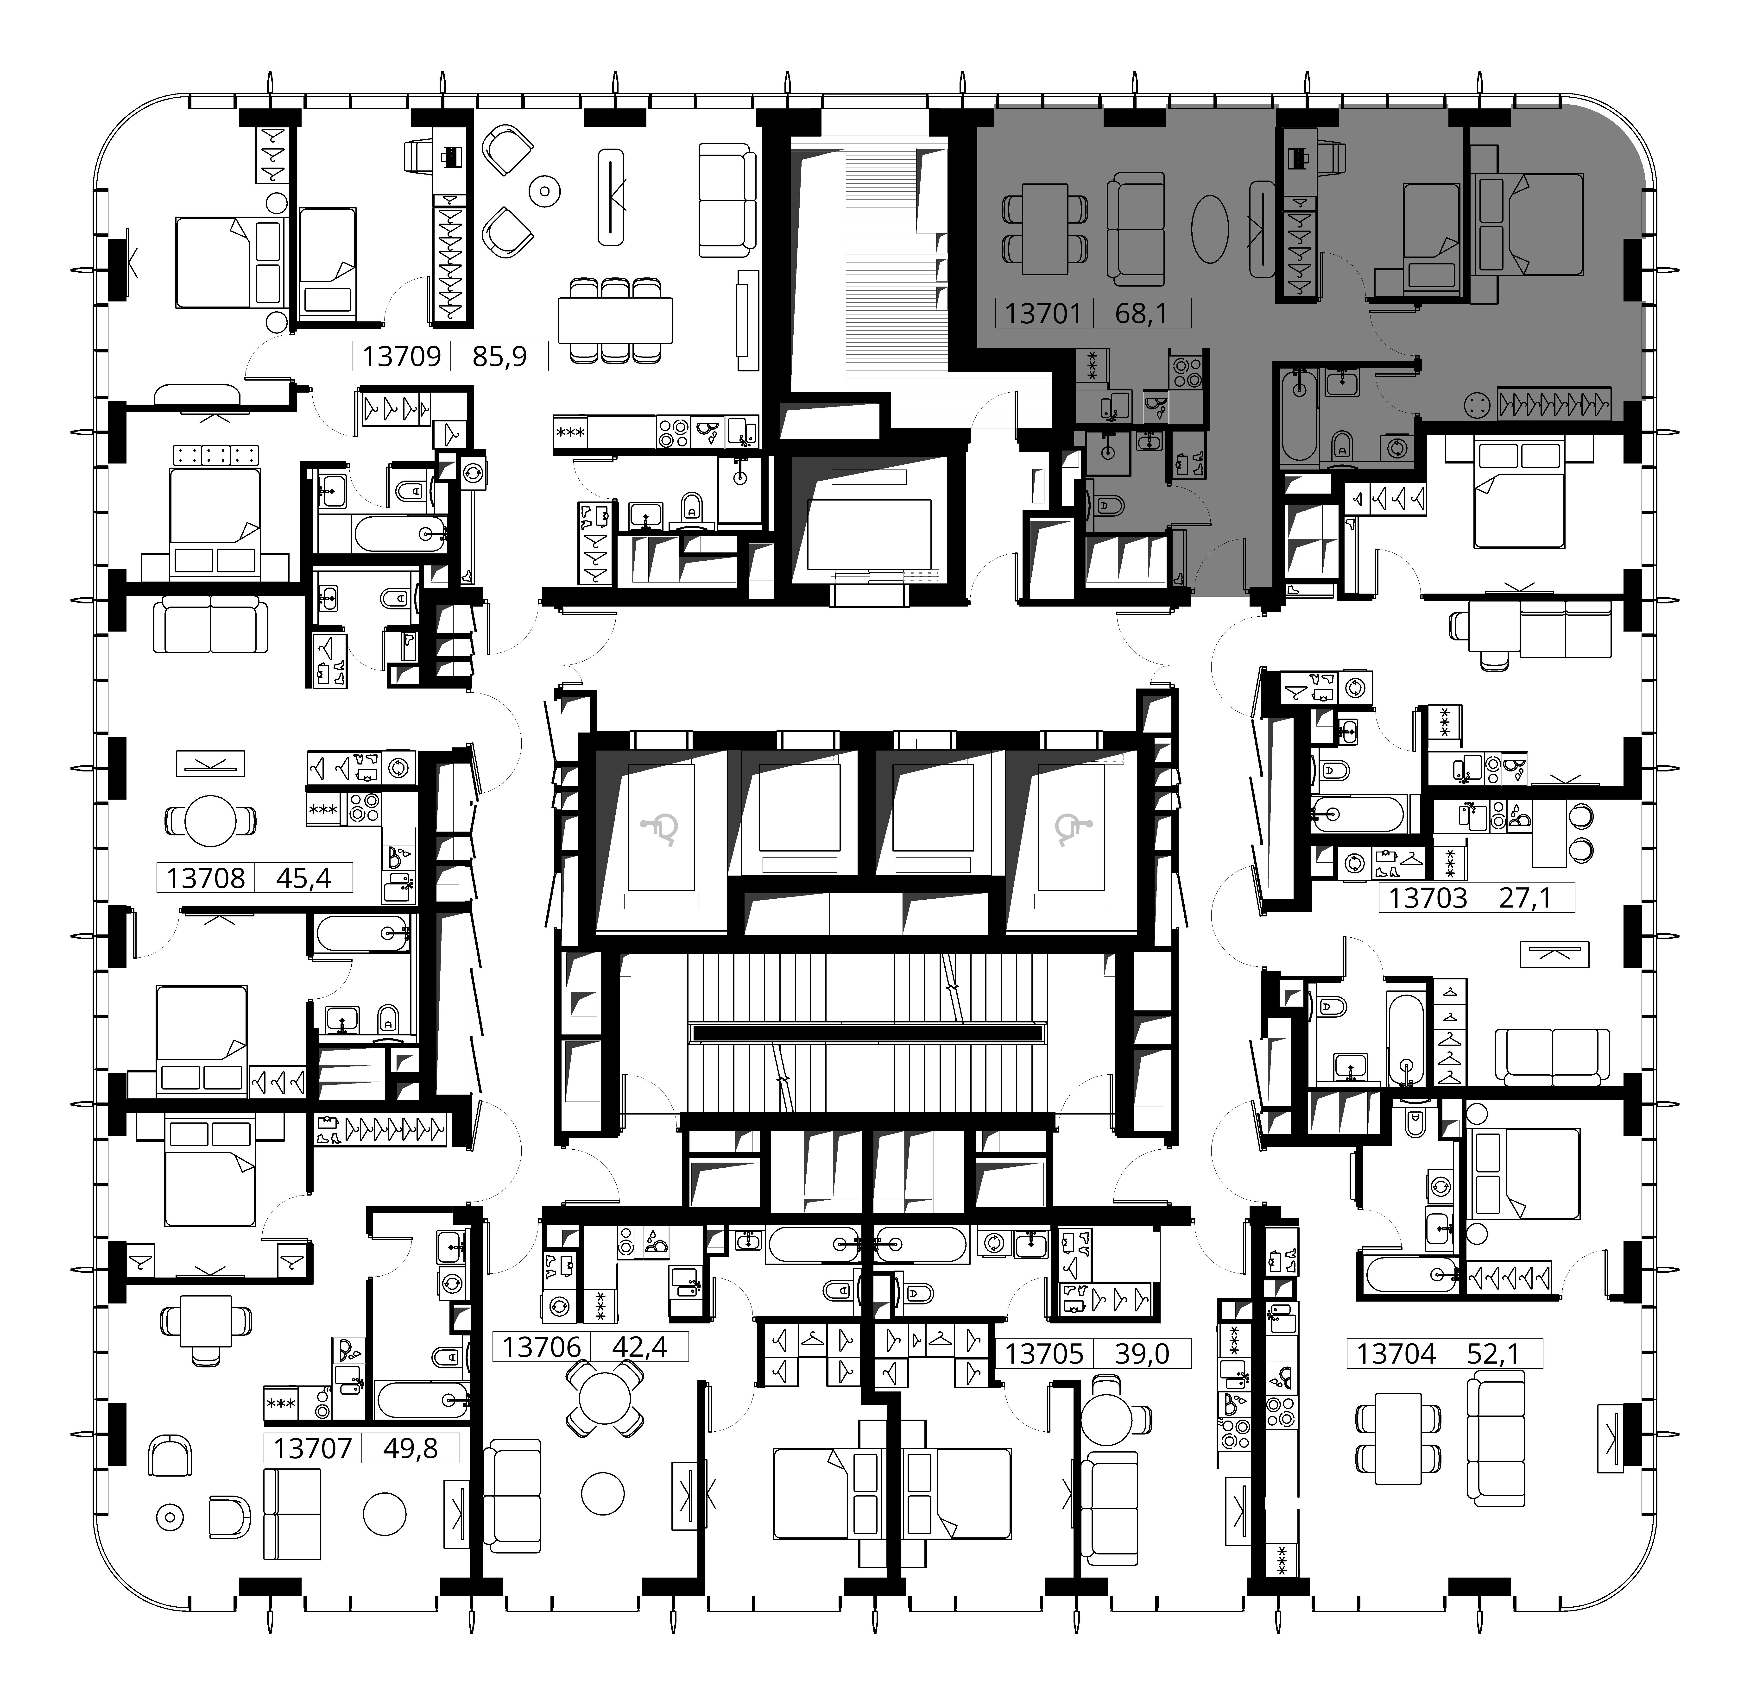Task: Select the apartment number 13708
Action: click(x=206, y=878)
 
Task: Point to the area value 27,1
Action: click(x=1524, y=898)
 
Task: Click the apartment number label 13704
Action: click(x=1396, y=1354)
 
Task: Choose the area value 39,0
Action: click(x=1142, y=1354)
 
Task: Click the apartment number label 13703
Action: click(x=1428, y=898)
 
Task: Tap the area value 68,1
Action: click(x=1142, y=313)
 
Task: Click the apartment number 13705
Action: click(x=1044, y=1354)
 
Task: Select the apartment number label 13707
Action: click(x=312, y=1448)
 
